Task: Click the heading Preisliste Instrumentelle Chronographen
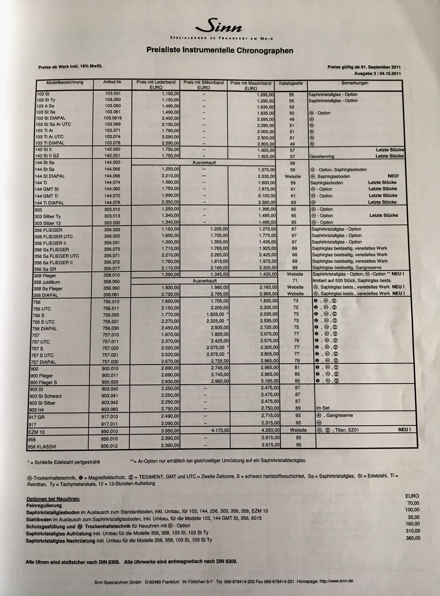(220, 50)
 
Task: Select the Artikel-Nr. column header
(113, 82)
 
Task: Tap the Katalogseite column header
(291, 83)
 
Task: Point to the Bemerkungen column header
(355, 83)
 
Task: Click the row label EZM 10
(37, 432)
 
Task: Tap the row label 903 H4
(37, 410)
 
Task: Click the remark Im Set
(323, 408)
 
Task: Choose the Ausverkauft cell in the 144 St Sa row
(204, 163)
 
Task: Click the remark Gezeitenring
(322, 156)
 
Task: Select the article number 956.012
(109, 446)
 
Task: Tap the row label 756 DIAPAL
(44, 328)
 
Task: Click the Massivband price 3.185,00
(269, 381)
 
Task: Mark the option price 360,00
(413, 538)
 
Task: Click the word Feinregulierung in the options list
(44, 506)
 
